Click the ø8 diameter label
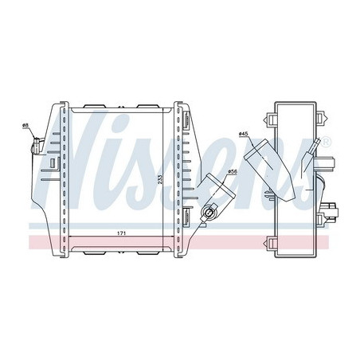point(25,124)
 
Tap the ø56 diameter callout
point(233,172)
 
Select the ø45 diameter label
point(243,134)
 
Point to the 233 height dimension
point(159,180)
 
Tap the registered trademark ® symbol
point(327,142)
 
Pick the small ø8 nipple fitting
point(36,146)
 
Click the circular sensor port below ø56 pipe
point(209,213)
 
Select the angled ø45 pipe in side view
point(269,170)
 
